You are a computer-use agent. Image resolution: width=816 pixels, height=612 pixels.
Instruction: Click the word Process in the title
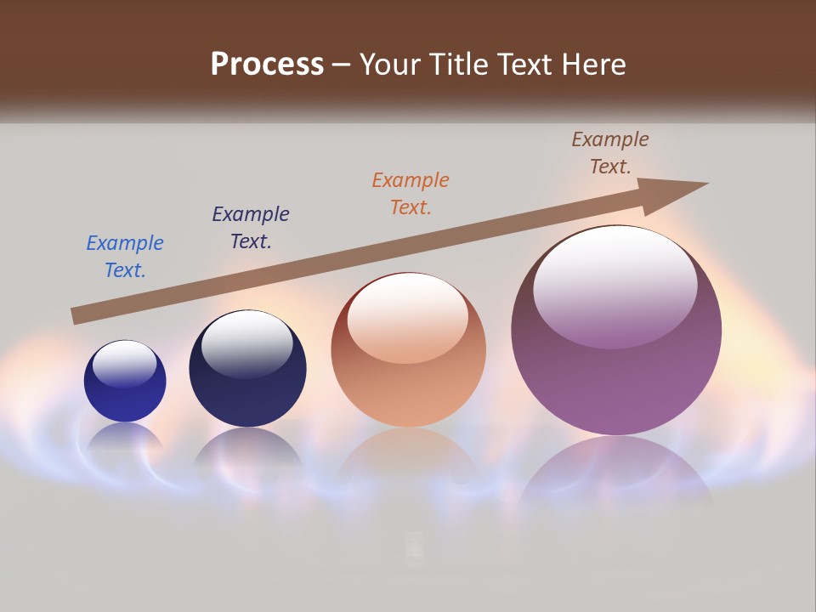click(267, 64)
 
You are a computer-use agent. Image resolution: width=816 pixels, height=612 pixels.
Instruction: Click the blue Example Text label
click(125, 256)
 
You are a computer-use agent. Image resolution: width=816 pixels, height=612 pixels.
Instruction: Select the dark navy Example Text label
click(251, 227)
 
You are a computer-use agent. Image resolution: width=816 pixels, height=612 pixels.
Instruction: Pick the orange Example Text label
click(411, 193)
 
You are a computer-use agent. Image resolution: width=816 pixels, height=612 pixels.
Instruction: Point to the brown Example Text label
click(610, 153)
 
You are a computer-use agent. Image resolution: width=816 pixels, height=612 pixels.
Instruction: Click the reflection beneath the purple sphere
click(616, 467)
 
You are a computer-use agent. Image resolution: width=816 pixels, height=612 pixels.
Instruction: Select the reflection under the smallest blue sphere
click(125, 440)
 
